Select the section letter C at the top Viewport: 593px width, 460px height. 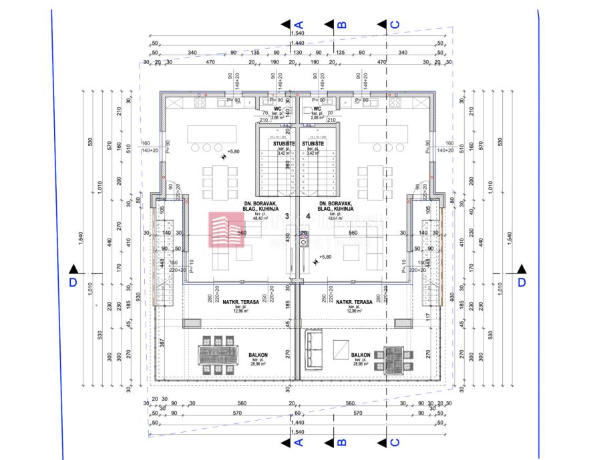pyautogui.click(x=394, y=25)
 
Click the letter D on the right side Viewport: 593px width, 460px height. pyautogui.click(x=522, y=282)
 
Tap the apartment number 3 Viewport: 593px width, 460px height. pyautogui.click(x=287, y=216)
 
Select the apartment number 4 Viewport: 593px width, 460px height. pyautogui.click(x=308, y=216)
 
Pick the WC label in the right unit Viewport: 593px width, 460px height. pyautogui.click(x=317, y=108)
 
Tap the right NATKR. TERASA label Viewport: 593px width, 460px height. pyautogui.click(x=354, y=302)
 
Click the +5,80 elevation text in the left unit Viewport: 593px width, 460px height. pyautogui.click(x=233, y=152)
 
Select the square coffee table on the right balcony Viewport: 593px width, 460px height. pyautogui.click(x=341, y=350)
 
